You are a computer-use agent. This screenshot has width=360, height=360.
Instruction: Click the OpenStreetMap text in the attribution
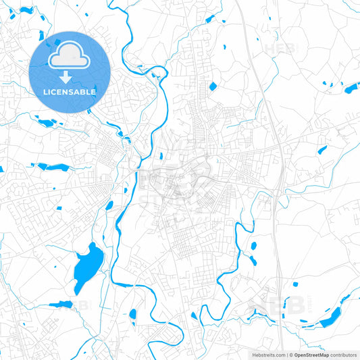[311, 355]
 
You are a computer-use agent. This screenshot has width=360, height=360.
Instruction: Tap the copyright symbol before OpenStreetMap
[290, 355]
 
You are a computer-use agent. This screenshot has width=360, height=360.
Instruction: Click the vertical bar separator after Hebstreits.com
[286, 355]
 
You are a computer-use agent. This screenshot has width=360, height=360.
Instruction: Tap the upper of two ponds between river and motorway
[254, 247]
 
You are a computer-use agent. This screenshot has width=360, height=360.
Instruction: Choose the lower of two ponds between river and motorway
[253, 260]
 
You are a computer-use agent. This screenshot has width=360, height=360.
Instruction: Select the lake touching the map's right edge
[352, 87]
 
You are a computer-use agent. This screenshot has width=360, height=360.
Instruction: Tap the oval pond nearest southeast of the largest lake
[133, 314]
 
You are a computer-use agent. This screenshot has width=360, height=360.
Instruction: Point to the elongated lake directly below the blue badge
[47, 123]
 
